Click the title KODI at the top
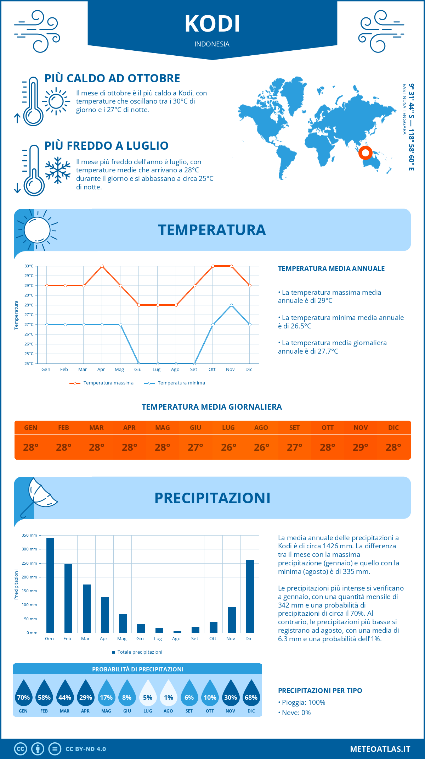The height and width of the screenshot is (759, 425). point(212,24)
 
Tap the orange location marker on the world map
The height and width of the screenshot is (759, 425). point(365,153)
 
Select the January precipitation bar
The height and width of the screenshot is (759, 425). point(50,585)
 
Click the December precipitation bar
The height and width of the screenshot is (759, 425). point(250,596)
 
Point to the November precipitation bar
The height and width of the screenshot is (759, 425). point(232,620)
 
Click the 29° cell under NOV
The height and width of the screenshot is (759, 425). point(361,447)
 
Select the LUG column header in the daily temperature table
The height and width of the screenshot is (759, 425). point(228,428)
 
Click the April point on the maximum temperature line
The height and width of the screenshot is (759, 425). point(102,266)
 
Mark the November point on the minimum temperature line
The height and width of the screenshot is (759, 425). point(231,305)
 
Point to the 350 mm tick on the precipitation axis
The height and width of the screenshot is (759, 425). point(29,535)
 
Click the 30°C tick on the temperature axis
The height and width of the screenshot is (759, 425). point(29,266)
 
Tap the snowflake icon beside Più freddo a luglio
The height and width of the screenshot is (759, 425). point(58,170)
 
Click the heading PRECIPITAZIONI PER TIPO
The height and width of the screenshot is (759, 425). point(320,691)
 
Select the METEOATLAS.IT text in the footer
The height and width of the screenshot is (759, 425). point(380,749)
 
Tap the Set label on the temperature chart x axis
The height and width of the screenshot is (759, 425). point(193,370)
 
